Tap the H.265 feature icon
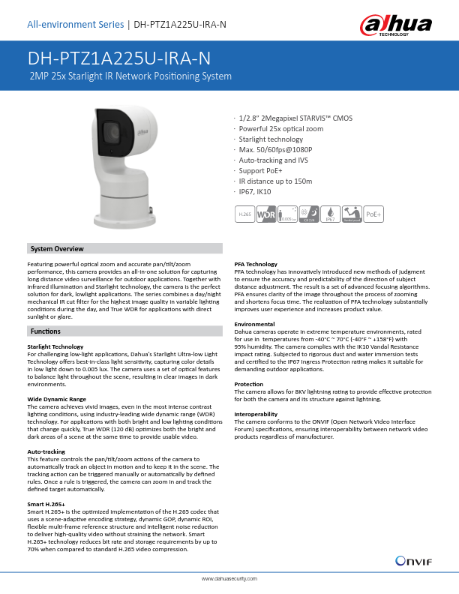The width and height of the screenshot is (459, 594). pos(244,214)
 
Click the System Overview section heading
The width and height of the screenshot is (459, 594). pos(57,249)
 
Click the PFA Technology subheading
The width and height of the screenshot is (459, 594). pos(256,264)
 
